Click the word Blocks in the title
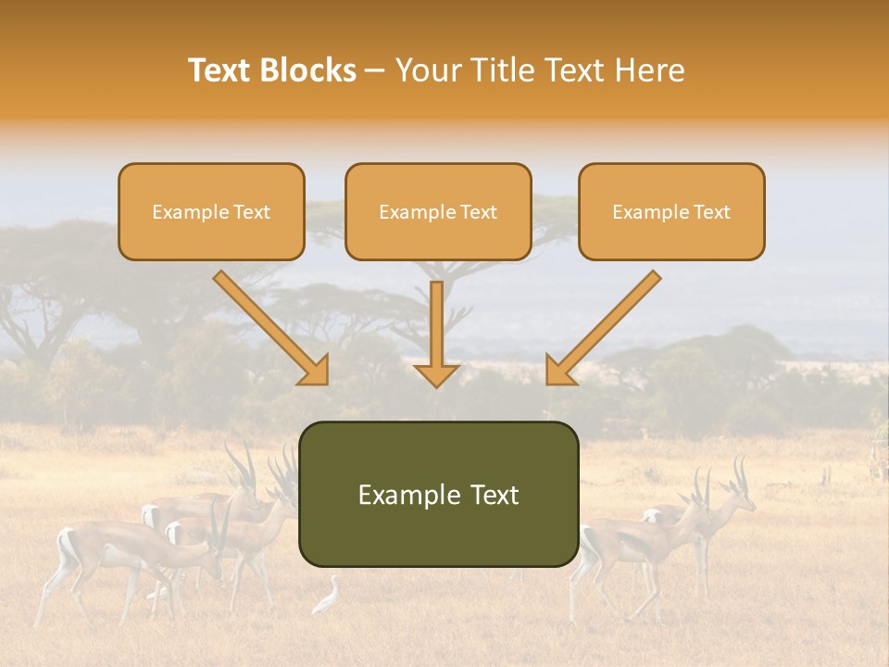[310, 70]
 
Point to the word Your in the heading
[428, 70]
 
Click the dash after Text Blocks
[375, 71]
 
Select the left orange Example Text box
[211, 211]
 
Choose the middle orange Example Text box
[438, 211]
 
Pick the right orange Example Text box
[671, 211]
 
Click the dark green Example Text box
[438, 494]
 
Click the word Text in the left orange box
[252, 212]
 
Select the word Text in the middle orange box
[479, 212]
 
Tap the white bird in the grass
[327, 598]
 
